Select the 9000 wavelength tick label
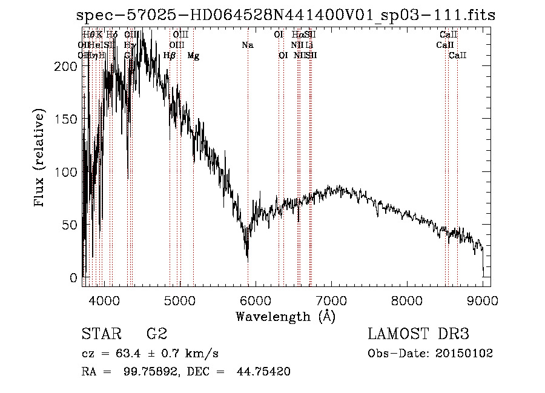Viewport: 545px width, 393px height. pyautogui.click(x=483, y=300)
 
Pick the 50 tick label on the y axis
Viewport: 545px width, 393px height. pyautogui.click(x=71, y=225)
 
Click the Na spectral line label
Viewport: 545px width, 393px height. pyautogui.click(x=247, y=45)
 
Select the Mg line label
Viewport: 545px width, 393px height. pyautogui.click(x=193, y=56)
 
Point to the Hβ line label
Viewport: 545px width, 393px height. pyautogui.click(x=170, y=56)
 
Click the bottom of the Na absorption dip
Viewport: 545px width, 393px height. pyautogui.click(x=247, y=258)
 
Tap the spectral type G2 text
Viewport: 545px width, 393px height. pyautogui.click(x=157, y=334)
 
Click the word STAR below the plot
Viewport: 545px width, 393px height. pyautogui.click(x=101, y=334)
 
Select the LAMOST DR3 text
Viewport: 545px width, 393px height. pyautogui.click(x=418, y=334)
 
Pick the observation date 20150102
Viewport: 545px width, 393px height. pyautogui.click(x=464, y=353)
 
